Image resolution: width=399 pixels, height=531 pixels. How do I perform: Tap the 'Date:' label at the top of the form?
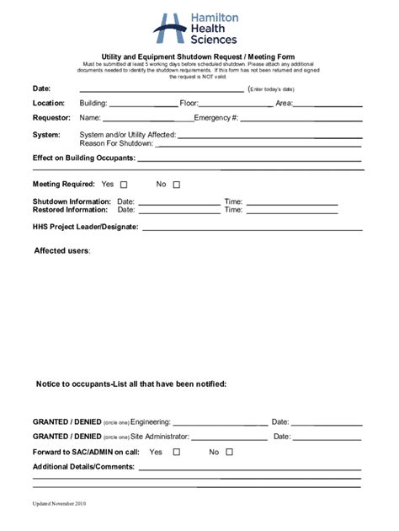[x=42, y=88]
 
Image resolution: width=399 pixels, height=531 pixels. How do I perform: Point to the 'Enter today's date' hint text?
[x=271, y=89]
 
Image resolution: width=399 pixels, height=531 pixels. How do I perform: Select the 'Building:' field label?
[x=93, y=104]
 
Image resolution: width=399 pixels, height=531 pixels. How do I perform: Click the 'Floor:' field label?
[x=189, y=104]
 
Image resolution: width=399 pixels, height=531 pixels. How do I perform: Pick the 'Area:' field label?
[x=284, y=104]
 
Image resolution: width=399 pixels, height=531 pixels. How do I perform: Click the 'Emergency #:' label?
[x=216, y=118]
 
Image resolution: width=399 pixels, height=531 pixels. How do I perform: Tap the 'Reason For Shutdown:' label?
[x=116, y=143]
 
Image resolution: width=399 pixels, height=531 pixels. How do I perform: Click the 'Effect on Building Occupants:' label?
[x=84, y=158]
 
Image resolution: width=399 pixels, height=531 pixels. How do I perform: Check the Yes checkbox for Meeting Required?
[x=124, y=185]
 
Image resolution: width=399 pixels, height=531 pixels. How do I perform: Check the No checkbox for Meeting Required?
[x=177, y=185]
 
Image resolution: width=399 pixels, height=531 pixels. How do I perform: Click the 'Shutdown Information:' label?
[x=72, y=202]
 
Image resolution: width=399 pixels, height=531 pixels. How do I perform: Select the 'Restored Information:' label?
[x=70, y=211]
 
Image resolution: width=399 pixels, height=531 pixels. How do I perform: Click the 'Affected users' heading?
[x=61, y=251]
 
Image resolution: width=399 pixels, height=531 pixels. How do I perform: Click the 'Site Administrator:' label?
[x=160, y=437]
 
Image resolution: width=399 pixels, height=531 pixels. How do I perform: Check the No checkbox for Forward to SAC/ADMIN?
[x=229, y=452]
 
